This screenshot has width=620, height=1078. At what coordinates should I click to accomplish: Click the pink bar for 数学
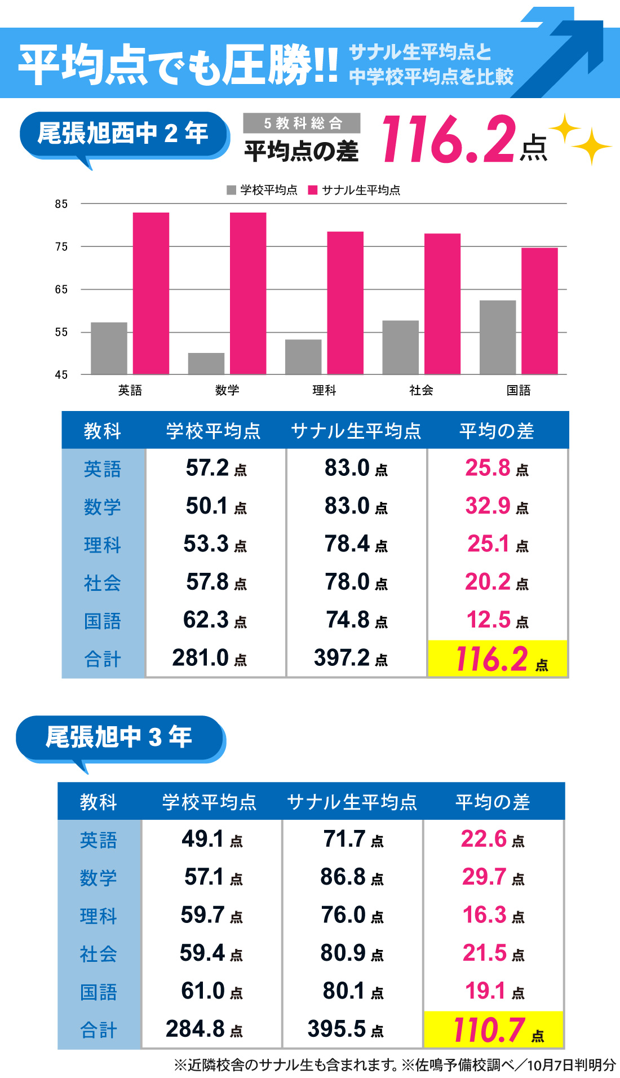pos(248,293)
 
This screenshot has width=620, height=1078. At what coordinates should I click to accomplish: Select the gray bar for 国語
pos(497,337)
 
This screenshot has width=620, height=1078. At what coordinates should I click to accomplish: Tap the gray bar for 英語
pos(109,348)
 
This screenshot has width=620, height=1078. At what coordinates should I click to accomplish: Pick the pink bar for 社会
pos(442,303)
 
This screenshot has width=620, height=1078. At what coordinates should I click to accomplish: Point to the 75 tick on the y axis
pos(61,246)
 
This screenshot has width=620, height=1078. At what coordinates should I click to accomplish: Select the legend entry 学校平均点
pos(262,190)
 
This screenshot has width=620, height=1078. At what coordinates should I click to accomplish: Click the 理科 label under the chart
pos(324,390)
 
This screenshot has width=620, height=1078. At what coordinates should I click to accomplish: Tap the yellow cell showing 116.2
pos(497,659)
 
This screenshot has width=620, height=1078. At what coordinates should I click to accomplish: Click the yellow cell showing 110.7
pos(494,1030)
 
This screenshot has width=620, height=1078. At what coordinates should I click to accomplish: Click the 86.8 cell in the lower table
pos(352,877)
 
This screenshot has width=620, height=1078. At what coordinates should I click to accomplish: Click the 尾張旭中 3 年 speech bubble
pos(119,737)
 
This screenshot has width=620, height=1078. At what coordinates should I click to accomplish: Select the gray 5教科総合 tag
pos(302,123)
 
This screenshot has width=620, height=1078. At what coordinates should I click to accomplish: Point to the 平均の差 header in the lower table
pos(493,802)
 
